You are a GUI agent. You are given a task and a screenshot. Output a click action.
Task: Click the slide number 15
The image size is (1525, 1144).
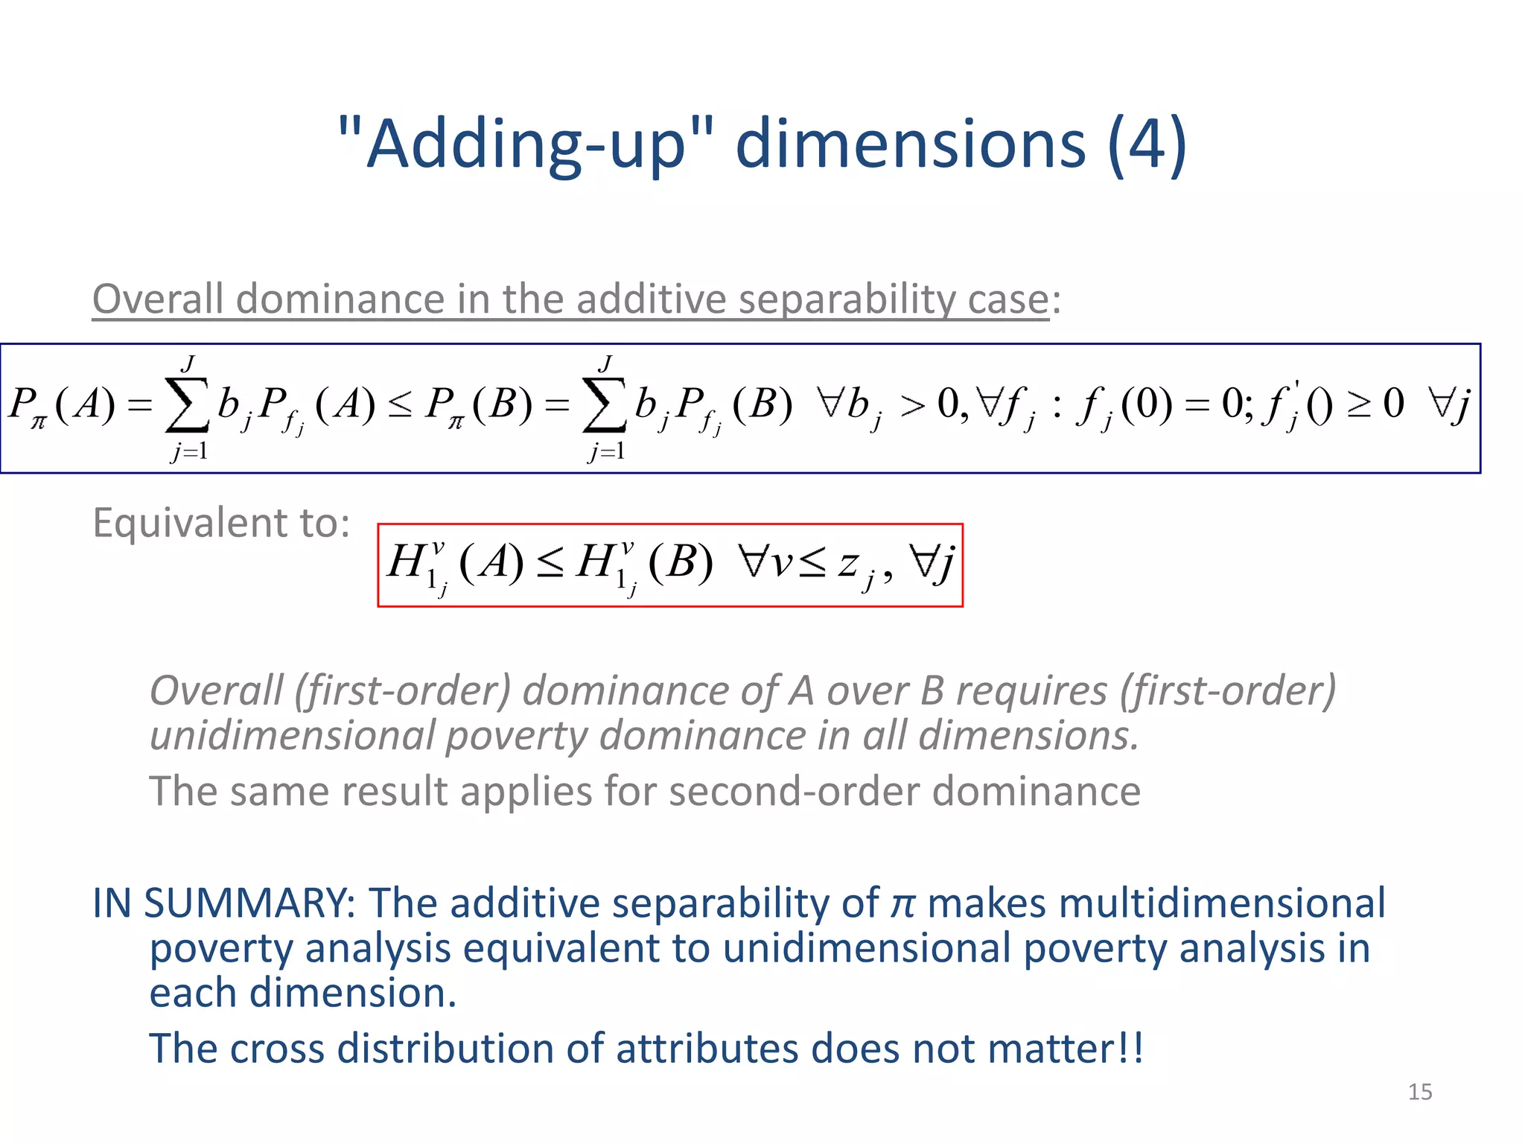click(x=1419, y=1092)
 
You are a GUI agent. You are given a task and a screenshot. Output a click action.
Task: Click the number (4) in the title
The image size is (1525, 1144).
click(x=1147, y=144)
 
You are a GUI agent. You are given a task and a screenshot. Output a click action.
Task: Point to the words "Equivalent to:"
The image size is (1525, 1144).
click(x=221, y=523)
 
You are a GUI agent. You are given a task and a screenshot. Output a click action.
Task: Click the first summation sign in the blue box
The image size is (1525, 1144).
click(x=186, y=407)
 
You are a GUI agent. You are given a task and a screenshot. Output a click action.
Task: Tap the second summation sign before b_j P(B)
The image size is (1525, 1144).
click(x=603, y=407)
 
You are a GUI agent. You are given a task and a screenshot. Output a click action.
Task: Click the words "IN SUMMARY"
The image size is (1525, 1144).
click(x=223, y=903)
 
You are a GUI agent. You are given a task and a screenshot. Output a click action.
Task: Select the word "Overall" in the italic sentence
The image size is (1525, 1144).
click(x=217, y=690)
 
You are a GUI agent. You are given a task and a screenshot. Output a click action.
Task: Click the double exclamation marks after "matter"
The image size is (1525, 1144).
click(x=1130, y=1049)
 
